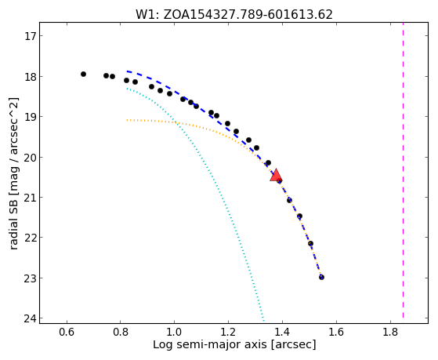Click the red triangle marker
click(276, 176)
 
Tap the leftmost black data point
click(83, 75)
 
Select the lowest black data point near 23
click(321, 277)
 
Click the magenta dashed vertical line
click(403, 170)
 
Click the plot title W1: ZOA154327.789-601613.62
click(234, 15)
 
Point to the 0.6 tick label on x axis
click(67, 332)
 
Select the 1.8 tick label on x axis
click(390, 332)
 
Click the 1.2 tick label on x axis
click(228, 332)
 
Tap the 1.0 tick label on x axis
click(174, 332)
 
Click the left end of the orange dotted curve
click(127, 120)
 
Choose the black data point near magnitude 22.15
click(310, 243)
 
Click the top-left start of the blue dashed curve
click(127, 71)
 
